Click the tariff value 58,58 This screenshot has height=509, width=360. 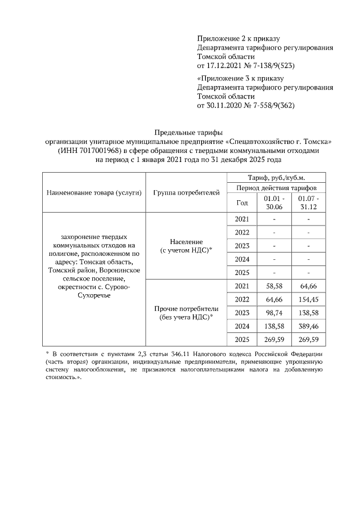pyautogui.click(x=273, y=286)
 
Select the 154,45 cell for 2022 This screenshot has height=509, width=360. pyautogui.click(x=309, y=299)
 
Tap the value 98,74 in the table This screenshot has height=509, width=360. pyautogui.click(x=273, y=312)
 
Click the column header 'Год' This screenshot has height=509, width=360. pyautogui.click(x=242, y=202)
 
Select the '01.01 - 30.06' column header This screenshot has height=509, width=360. pyautogui.click(x=274, y=202)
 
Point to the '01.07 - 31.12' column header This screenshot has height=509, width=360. pyautogui.click(x=309, y=202)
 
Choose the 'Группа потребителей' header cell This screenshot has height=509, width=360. pyautogui.click(x=186, y=193)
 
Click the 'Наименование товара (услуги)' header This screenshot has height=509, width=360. pyautogui.click(x=94, y=193)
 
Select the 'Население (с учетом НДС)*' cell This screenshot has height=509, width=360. pyautogui.click(x=186, y=245)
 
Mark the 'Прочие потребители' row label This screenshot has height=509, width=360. pyautogui.click(x=186, y=309)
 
